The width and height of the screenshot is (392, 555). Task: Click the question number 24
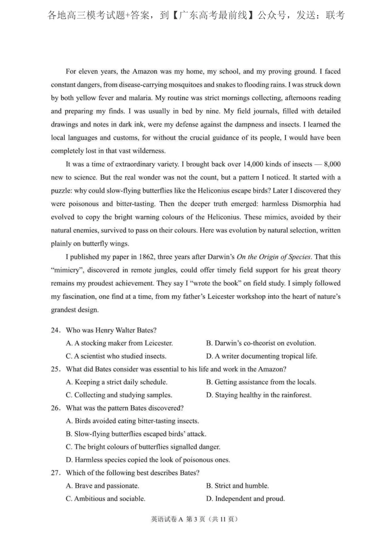click(55, 330)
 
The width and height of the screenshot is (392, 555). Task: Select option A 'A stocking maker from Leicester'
click(119, 343)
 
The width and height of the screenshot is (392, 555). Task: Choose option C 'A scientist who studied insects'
click(116, 356)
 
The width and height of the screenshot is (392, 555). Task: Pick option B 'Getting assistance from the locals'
click(261, 382)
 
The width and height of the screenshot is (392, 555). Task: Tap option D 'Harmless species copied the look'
click(148, 460)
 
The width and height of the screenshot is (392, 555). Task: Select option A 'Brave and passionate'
click(103, 486)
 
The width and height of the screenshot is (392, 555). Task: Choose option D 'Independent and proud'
click(246, 499)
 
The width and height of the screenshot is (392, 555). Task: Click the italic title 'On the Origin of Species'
click(274, 257)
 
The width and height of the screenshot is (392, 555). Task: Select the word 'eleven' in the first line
click(88, 71)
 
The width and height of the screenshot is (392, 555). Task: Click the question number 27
click(55, 473)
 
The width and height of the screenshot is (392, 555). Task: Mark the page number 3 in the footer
click(195, 519)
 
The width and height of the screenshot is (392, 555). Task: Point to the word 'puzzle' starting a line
click(61, 191)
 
